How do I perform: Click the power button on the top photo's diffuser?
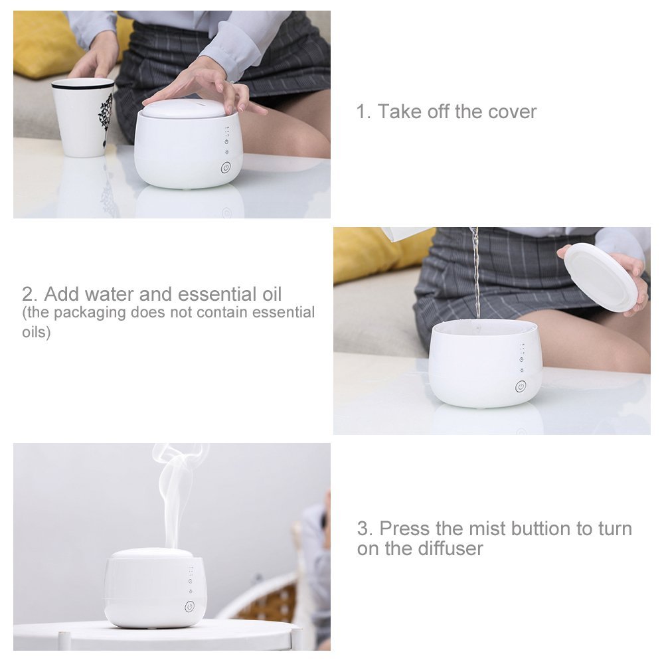[x=225, y=169]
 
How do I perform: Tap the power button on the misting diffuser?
[x=189, y=606]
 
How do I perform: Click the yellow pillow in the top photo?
[x=40, y=40]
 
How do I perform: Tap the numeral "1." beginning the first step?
[x=363, y=112]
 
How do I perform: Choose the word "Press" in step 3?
[x=405, y=529]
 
